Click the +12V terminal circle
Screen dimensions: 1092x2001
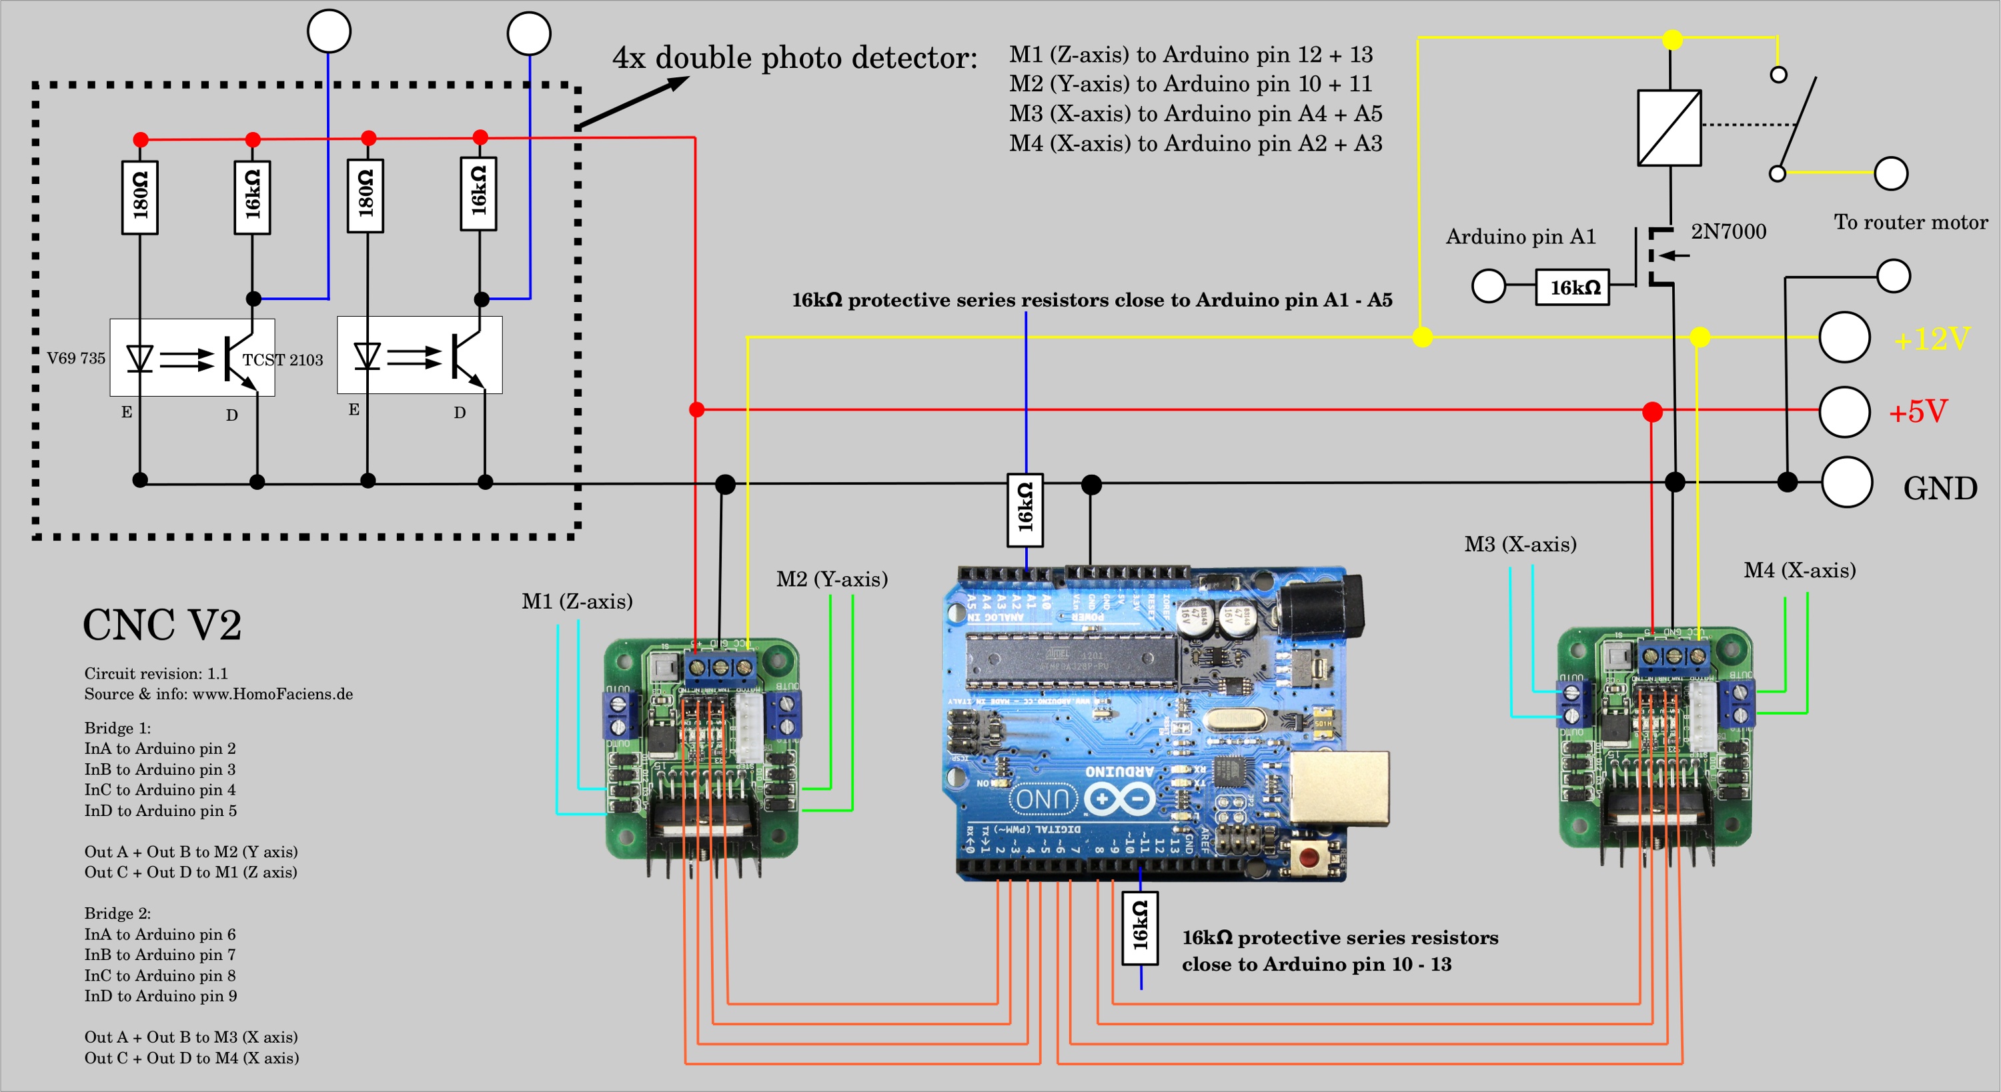[x=1844, y=337]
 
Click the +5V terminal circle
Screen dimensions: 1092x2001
[x=1844, y=411]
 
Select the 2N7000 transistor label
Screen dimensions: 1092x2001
[x=1728, y=231]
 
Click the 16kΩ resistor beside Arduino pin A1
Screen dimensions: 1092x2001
[x=1572, y=287]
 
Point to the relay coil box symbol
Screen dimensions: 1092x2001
[x=1670, y=128]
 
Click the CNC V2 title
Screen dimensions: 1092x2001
[x=162, y=625]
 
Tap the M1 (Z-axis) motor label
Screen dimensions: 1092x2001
[x=577, y=601]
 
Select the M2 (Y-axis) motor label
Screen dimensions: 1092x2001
[x=832, y=579]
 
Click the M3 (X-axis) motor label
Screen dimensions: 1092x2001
[x=1520, y=545]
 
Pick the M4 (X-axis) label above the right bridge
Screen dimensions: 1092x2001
[x=1800, y=571]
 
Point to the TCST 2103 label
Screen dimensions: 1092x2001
[x=283, y=359]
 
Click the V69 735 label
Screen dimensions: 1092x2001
[x=76, y=358]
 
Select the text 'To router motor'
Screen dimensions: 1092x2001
[x=1911, y=223]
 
